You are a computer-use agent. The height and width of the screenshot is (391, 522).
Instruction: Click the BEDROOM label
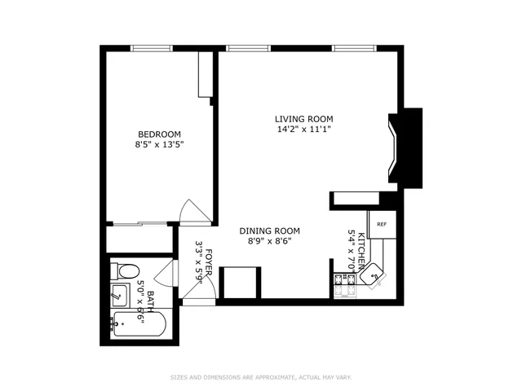[x=159, y=134]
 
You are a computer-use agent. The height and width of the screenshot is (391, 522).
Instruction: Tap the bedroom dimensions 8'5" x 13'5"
[x=159, y=147]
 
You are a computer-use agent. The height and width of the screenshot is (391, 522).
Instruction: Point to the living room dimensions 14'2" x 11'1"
[x=302, y=129]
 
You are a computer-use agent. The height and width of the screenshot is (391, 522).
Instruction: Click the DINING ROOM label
[x=269, y=231]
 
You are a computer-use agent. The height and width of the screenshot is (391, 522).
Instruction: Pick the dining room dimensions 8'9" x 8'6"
[x=269, y=241]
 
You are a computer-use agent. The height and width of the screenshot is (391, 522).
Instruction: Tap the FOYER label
[x=209, y=264]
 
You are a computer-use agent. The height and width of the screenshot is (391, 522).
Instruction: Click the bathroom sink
[x=119, y=294]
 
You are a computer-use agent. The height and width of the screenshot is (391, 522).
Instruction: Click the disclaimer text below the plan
[x=260, y=377]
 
